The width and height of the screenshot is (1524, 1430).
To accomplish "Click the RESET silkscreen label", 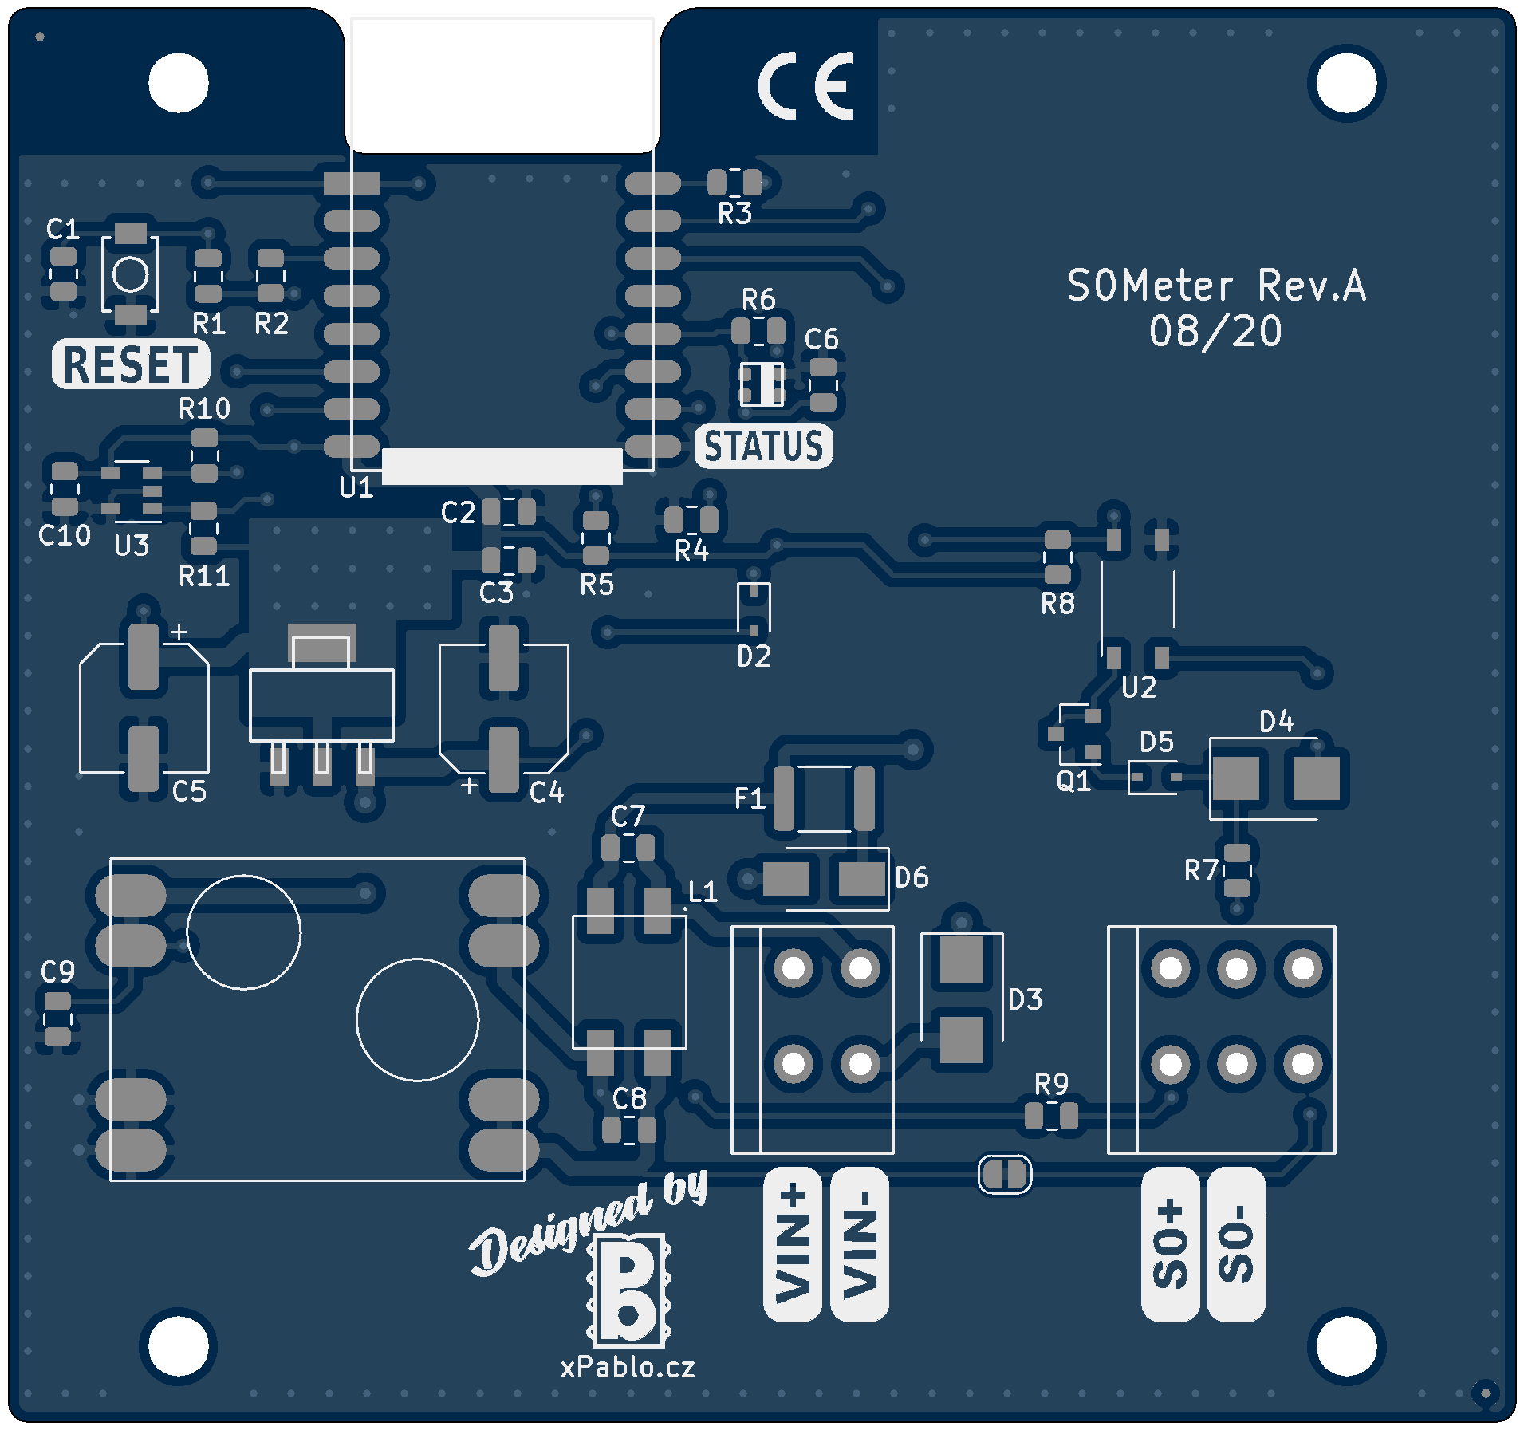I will point(131,364).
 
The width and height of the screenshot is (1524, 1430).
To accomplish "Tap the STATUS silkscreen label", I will point(763,446).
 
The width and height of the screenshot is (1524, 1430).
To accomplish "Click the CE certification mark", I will point(805,86).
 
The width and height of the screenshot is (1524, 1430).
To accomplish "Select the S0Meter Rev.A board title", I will point(1216,286).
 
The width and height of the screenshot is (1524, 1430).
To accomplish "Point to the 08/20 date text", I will point(1215,331).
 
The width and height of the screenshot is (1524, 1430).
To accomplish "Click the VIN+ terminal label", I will point(792,1243).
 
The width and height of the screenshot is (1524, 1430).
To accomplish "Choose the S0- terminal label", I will point(1236,1243).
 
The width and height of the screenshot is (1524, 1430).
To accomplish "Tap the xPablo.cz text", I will point(628,1367).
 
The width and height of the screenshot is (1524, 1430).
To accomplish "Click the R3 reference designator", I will point(734,214).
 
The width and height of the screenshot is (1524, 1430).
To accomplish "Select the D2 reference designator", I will point(754,656).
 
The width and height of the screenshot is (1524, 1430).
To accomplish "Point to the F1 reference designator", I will point(750,798).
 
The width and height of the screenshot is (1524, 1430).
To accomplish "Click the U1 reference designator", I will point(356,487).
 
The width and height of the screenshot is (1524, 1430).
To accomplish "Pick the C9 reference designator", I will point(58,971).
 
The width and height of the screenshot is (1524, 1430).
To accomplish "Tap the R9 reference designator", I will point(1051,1085).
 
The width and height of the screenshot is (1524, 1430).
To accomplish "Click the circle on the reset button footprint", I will point(131,275).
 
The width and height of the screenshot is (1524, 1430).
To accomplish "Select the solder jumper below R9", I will point(1005,1174).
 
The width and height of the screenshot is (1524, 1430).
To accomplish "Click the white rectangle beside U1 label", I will point(502,466).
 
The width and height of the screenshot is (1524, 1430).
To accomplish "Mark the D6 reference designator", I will point(912,877).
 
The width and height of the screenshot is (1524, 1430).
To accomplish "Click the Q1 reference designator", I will point(1073,781).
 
